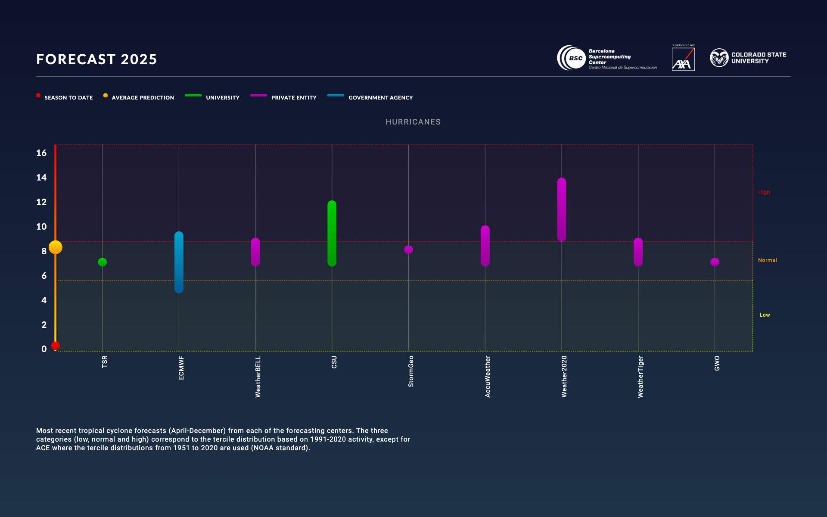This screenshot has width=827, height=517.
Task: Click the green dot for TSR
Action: point(102,262)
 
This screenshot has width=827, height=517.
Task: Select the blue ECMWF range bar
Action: point(179,262)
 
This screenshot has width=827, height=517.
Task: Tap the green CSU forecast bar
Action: point(332,233)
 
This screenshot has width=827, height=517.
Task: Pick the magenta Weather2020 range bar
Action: point(562,209)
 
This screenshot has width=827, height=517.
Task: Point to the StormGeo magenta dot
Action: point(408,250)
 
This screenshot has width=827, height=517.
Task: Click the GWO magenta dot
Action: point(715,262)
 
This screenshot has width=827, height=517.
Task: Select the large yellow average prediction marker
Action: point(56,247)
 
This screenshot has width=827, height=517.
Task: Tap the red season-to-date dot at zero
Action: point(56,346)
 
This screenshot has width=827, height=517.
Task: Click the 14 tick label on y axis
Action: point(41,178)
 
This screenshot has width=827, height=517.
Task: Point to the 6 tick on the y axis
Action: point(44,276)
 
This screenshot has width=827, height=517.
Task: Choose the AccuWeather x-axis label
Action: point(488,376)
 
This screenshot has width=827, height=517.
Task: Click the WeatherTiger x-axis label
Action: point(640,376)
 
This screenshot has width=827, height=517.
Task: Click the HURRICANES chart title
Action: point(413,122)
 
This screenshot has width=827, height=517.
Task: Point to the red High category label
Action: point(764,192)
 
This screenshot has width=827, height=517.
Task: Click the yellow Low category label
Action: point(765,315)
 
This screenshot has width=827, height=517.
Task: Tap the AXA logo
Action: point(683,59)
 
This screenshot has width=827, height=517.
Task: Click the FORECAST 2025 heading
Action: point(96,59)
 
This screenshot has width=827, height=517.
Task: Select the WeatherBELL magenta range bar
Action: point(255,252)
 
